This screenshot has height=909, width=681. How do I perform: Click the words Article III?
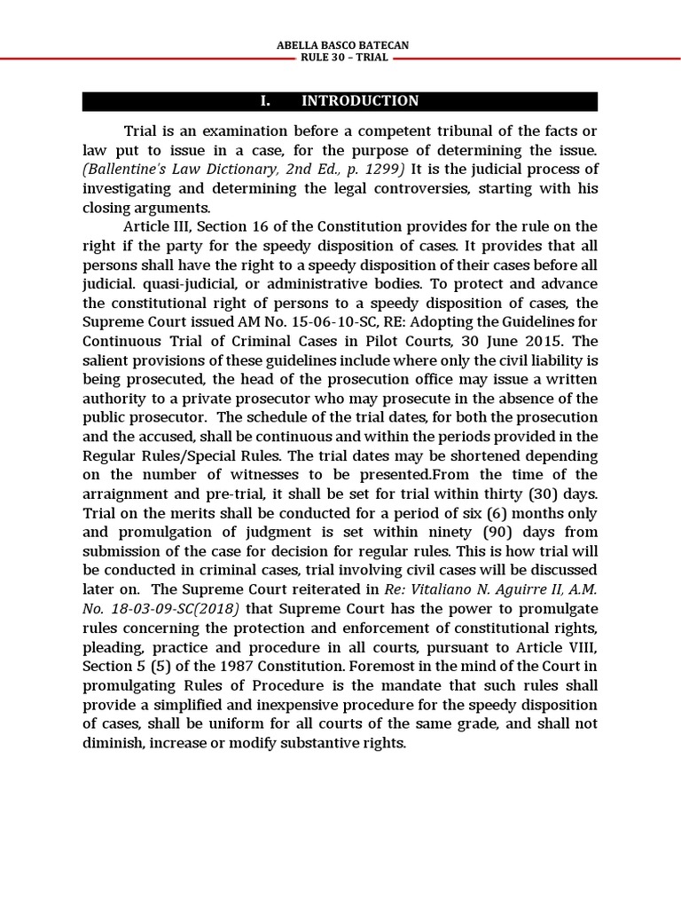click(x=157, y=227)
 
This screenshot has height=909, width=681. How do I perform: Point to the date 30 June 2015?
click(x=518, y=341)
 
